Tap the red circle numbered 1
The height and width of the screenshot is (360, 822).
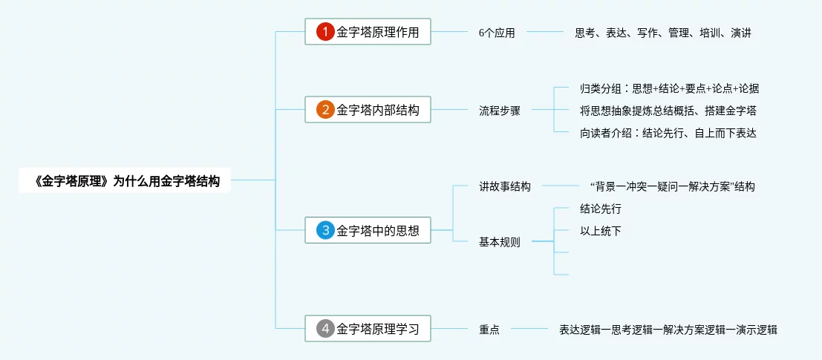[325, 32]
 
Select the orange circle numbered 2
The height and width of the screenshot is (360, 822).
[325, 110]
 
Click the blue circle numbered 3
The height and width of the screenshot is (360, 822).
[325, 230]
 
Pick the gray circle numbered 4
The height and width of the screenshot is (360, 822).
[325, 328]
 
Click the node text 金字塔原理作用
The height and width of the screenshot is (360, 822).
[377, 32]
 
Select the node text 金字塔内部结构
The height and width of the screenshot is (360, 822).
[377, 110]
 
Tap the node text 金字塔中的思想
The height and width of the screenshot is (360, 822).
[377, 230]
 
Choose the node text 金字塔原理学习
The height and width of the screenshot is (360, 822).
[377, 328]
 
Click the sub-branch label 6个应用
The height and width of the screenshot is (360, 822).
[497, 33]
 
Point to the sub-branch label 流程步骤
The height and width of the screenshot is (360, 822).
[499, 111]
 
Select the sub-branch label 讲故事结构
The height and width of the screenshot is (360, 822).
[504, 186]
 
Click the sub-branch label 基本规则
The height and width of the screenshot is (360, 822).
[499, 242]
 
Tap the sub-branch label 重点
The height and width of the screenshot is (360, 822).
[489, 329]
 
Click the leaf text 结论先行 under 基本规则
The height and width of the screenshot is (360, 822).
[600, 209]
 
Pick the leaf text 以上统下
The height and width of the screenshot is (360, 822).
[600, 231]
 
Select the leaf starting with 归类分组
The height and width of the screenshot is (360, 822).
[669, 88]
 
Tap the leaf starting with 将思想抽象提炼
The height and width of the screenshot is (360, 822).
[668, 111]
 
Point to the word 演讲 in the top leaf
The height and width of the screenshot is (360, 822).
[740, 33]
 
